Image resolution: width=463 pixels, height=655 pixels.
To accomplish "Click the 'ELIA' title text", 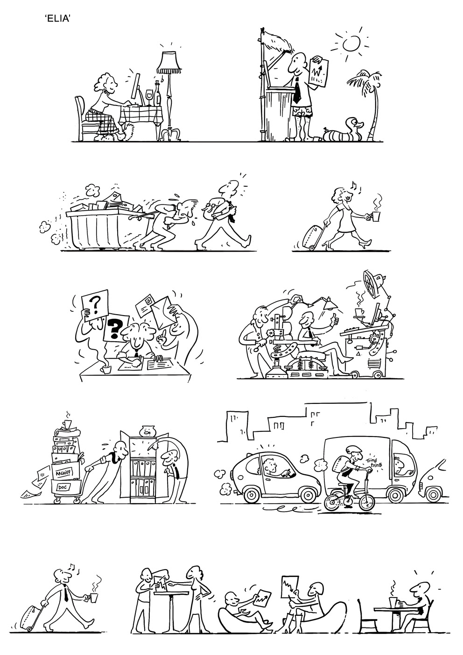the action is click(58, 19).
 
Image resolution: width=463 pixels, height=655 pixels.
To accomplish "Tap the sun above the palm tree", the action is click(351, 43).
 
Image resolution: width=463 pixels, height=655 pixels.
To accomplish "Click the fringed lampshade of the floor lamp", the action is click(168, 63).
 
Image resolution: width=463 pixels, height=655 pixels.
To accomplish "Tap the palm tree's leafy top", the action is click(365, 79).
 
